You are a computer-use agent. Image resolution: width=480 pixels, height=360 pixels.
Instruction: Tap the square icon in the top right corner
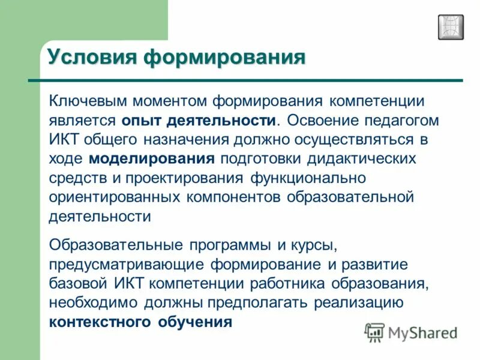pyautogui.click(x=451, y=27)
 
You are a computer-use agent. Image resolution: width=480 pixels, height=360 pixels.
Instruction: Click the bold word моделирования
pyautogui.click(x=152, y=158)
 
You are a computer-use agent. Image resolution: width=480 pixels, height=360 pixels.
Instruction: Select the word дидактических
pyautogui.click(x=362, y=158)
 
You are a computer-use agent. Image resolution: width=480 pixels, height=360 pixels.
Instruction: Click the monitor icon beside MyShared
pyautogui.click(x=374, y=332)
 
